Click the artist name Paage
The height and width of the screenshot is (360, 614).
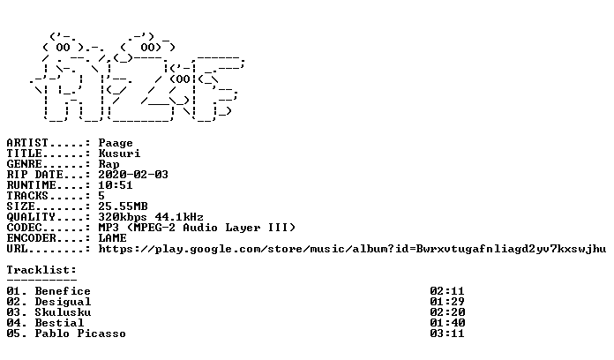tap(116, 143)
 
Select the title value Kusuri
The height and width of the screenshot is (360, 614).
tap(119, 154)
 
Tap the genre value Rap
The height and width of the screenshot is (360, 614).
tap(109, 164)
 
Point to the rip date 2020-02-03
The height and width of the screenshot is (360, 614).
tap(133, 175)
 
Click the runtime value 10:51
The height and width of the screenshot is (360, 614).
tap(116, 185)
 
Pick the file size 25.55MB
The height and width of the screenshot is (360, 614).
tap(123, 206)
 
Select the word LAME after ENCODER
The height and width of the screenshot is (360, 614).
tap(112, 237)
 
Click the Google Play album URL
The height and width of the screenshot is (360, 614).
tap(352, 249)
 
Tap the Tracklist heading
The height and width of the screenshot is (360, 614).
tap(41, 270)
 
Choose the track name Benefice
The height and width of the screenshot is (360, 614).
tap(63, 291)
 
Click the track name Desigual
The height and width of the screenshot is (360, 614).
tap(63, 302)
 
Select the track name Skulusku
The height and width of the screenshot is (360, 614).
tap(63, 312)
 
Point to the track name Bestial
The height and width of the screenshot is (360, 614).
tap(59, 323)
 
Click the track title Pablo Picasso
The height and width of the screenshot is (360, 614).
tap(80, 334)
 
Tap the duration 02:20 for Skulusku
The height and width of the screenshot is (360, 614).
tap(447, 312)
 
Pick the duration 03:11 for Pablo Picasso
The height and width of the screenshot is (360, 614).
tap(446, 334)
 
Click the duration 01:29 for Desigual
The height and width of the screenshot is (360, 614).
tap(446, 302)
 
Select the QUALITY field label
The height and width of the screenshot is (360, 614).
tap(31, 217)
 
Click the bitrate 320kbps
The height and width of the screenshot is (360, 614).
tap(123, 217)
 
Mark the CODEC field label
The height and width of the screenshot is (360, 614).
tap(24, 227)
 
